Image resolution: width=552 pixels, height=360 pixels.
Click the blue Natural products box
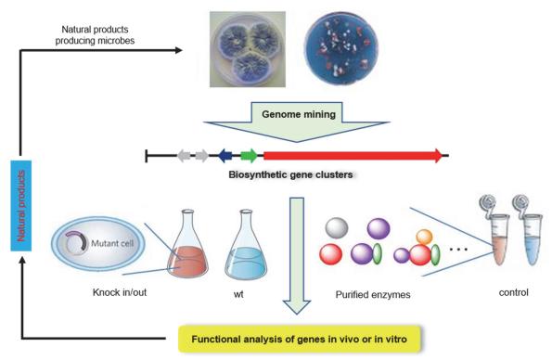point(21,206)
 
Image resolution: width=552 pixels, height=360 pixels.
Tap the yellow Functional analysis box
point(300,339)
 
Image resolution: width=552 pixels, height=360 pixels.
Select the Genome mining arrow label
point(299,114)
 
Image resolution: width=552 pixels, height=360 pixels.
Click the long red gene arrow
point(353,156)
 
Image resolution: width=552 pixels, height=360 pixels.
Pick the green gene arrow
point(249,156)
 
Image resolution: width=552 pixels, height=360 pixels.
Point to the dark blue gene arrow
point(225,156)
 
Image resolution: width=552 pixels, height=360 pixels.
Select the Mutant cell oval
point(98,243)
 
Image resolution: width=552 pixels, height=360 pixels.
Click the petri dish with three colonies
point(248,49)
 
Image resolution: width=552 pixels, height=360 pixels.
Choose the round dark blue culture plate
point(340,50)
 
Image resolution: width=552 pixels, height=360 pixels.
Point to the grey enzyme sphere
point(337,228)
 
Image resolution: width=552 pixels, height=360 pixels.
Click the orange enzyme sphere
point(424,238)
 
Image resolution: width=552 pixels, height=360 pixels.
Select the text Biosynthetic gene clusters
point(290,174)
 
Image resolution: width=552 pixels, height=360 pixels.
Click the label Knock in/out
point(120,292)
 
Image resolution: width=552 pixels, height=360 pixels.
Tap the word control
point(514,292)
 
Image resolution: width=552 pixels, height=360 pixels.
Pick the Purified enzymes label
point(373,294)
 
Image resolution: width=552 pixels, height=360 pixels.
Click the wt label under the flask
point(238,294)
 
